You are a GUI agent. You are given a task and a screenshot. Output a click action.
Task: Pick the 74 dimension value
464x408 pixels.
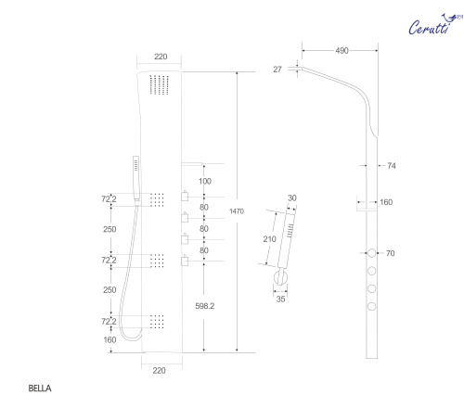[391, 166]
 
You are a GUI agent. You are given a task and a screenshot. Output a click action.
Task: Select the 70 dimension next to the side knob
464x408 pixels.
[391, 252]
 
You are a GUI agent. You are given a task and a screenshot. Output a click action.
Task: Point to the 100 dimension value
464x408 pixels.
[206, 180]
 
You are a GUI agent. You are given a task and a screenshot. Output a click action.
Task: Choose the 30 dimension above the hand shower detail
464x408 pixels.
[291, 198]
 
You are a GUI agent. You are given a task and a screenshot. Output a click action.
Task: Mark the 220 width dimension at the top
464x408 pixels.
[161, 57]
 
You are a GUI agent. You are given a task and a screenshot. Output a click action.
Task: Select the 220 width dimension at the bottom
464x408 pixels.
[161, 369]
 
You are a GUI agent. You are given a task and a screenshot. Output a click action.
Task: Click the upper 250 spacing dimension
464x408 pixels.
[110, 229]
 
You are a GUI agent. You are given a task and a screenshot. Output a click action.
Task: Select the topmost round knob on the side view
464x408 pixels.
[372, 253]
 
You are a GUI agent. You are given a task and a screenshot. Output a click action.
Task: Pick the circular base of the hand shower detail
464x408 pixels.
[279, 279]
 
